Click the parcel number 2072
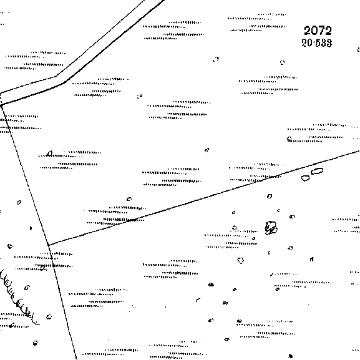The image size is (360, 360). point(318,31)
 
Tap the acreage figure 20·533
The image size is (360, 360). point(316,43)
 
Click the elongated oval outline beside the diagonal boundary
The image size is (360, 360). point(317,171)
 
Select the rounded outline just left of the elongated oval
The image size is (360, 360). point(305,178)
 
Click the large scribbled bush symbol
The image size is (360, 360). point(271,228)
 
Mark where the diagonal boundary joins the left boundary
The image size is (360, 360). point(49,245)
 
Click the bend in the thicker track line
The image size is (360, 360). point(64,82)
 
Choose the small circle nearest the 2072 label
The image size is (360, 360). point(282,62)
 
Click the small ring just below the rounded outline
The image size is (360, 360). point(270,196)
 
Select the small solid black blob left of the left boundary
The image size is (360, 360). point(31,228)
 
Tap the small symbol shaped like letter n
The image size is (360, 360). point(311,260)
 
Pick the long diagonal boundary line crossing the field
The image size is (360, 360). point(204,198)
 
